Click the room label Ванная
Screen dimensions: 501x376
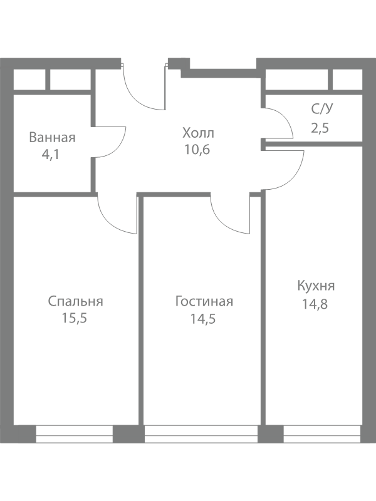(52, 138)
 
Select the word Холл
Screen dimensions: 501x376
(198, 133)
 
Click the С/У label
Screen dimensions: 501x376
(322, 110)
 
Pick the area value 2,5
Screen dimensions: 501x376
(320, 128)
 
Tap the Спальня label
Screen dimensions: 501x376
(75, 302)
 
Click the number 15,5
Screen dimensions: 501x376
(75, 318)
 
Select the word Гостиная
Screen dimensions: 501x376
(204, 302)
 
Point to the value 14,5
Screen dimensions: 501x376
(204, 318)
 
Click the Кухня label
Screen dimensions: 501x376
(316, 286)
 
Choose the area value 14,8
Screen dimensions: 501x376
(316, 306)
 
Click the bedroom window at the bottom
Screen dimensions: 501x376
(74, 434)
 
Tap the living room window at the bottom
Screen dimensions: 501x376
(201, 434)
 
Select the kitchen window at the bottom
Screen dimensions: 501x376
(320, 434)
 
